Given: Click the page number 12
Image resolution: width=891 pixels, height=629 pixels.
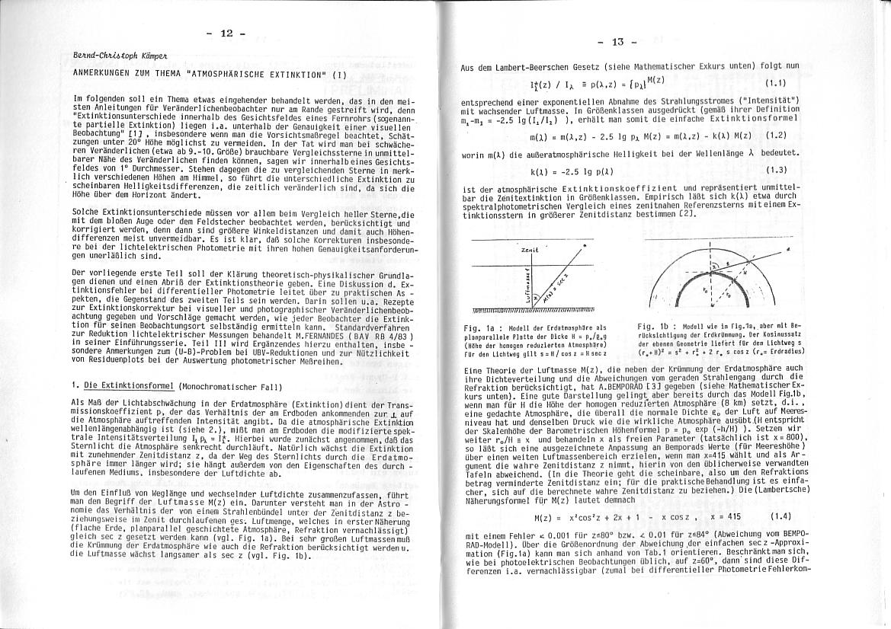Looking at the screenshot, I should (x=226, y=34).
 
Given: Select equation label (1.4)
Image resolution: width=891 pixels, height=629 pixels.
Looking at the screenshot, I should (x=780, y=517).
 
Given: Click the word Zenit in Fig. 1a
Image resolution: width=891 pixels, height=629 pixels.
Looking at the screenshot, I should (x=530, y=250).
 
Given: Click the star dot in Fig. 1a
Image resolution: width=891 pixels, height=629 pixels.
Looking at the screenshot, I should (x=583, y=245).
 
